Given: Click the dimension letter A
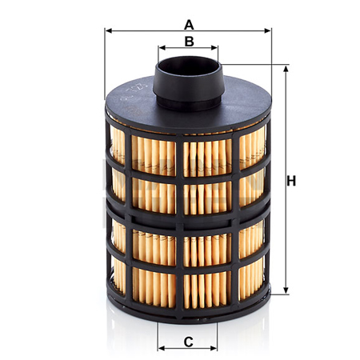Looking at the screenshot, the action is click(189, 25).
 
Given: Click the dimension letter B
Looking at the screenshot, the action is click(189, 42).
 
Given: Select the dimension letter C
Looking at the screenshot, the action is click(188, 342).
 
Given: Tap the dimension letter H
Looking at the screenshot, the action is click(291, 181).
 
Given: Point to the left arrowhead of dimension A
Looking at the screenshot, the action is click(109, 31).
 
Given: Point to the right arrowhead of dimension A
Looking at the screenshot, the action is click(267, 31).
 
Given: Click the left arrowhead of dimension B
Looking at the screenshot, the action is click(162, 48).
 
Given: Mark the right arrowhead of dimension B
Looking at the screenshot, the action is click(214, 48).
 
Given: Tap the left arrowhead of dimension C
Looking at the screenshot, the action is click(162, 348).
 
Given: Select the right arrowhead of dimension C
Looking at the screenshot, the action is click(214, 348).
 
